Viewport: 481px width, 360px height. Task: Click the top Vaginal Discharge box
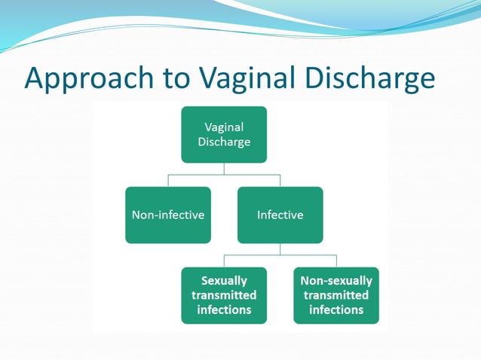[224, 134]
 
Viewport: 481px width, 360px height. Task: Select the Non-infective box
[168, 215]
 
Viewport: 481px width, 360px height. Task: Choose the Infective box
[280, 215]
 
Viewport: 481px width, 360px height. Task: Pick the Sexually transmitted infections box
[224, 295]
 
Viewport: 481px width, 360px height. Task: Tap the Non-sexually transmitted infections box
[336, 295]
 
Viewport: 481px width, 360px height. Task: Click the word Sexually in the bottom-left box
[224, 281]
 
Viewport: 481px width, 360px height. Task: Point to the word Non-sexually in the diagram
[336, 281]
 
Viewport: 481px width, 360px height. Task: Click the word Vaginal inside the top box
[224, 127]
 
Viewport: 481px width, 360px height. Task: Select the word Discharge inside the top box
[224, 142]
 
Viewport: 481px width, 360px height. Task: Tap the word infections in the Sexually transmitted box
[224, 310]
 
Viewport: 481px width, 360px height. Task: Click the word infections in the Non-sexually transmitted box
[336, 310]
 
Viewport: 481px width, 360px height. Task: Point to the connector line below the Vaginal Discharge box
[224, 169]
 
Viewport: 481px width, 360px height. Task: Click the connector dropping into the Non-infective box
[168, 181]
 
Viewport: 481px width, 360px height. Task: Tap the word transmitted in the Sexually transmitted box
[224, 295]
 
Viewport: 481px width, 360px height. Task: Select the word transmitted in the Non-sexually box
[336, 295]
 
